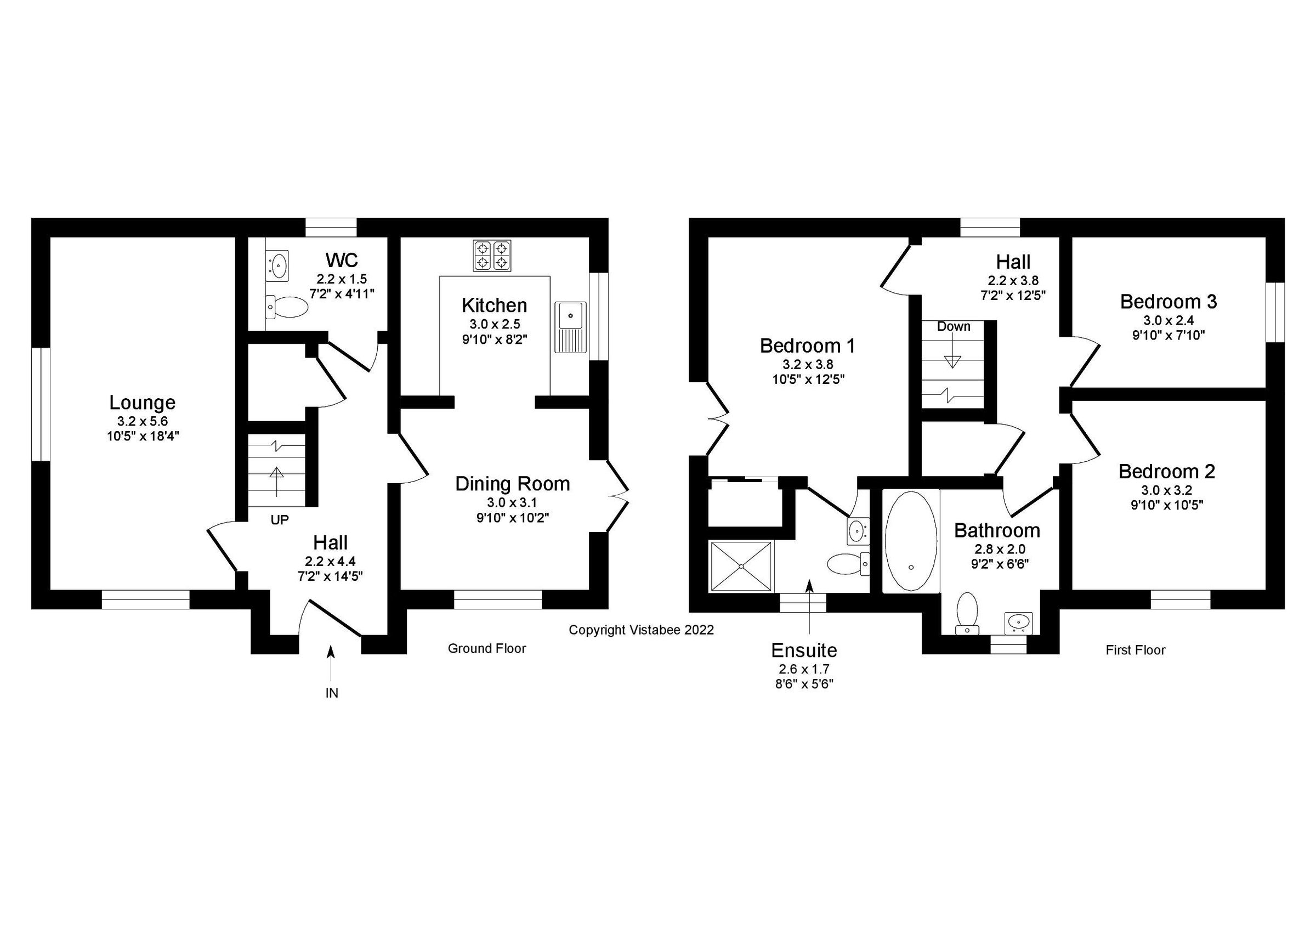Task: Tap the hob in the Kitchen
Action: pos(492,256)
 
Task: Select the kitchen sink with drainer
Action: pos(570,327)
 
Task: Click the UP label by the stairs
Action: pos(280,520)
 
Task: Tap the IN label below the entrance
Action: pos(332,693)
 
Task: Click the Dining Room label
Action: pos(512,484)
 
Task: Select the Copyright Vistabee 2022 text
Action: pos(641,630)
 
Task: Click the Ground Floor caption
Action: pos(486,648)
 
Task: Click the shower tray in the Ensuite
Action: pos(742,566)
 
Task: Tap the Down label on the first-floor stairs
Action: pos(954,326)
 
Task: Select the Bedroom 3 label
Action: pos(1168,302)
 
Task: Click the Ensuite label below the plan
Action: pos(804,650)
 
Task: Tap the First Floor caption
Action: pos(1136,650)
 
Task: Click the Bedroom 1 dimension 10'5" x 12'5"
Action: pos(808,379)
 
